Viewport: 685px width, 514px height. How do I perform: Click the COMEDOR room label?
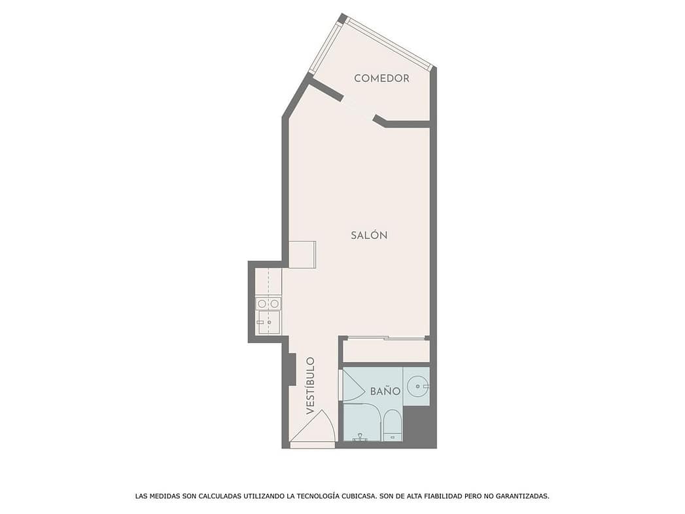coord(381,78)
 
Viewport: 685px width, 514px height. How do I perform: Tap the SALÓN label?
coord(369,235)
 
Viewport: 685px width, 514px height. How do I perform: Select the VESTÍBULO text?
coord(310,386)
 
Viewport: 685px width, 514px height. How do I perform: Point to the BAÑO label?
coord(385,391)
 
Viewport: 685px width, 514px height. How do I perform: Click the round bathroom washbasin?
coord(417,386)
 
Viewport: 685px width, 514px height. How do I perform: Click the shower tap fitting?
coord(360,437)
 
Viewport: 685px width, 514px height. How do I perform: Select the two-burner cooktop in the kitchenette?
coord(268,303)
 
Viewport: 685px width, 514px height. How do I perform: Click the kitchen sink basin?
coord(268,322)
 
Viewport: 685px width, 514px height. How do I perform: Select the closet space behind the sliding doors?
coord(386,351)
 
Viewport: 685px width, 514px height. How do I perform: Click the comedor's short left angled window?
coord(325,47)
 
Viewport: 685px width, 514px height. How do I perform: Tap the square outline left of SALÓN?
coord(302,254)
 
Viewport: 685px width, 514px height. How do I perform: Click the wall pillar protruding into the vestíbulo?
coord(292,369)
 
